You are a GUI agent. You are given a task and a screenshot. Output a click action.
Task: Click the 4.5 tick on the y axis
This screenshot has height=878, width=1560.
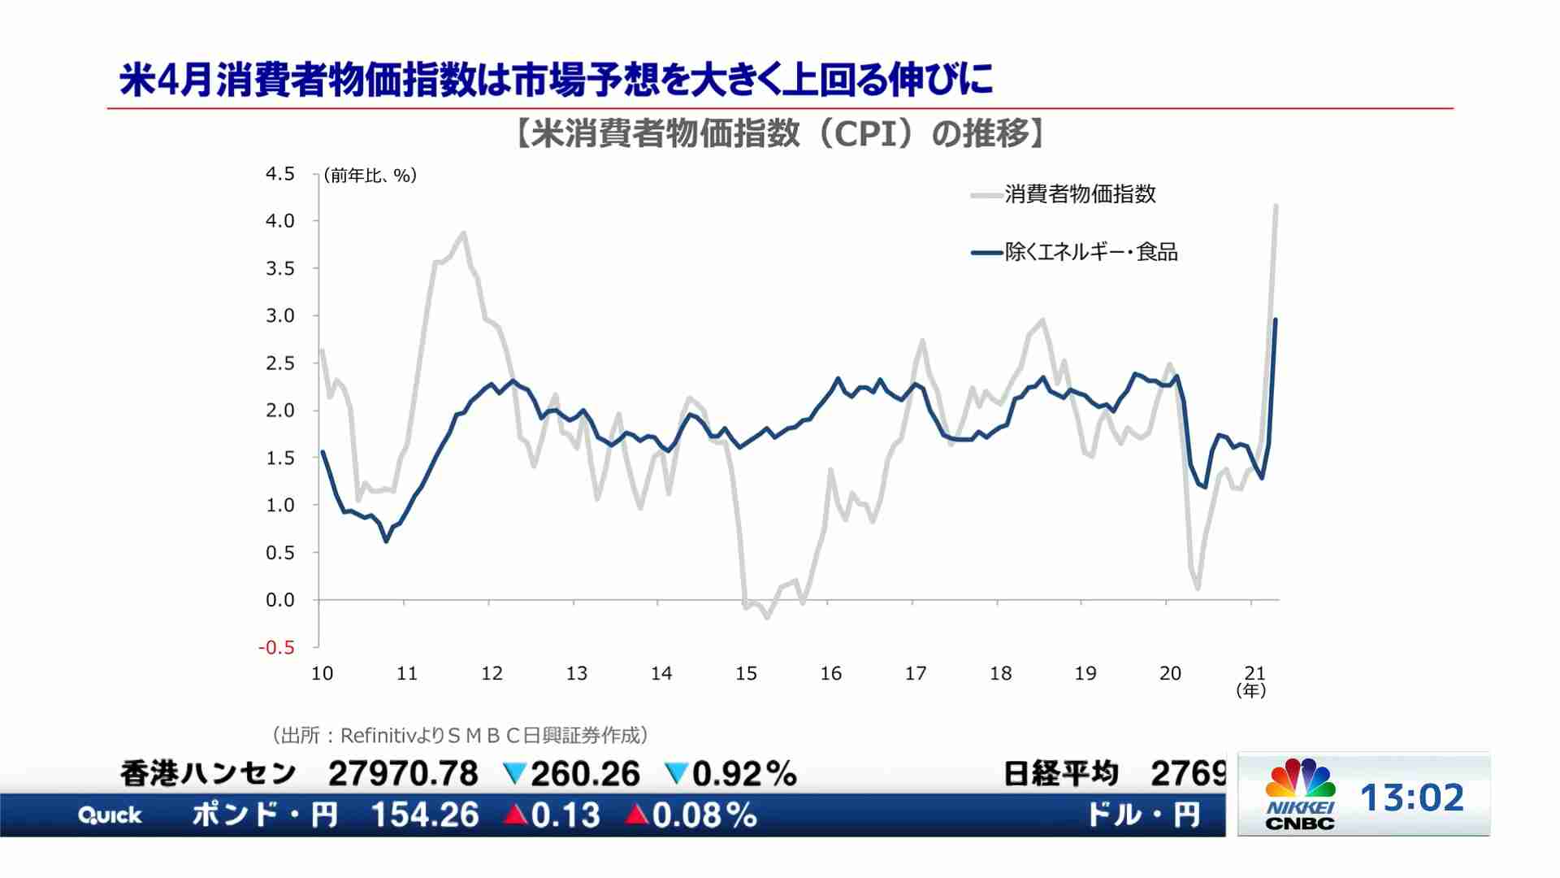(280, 174)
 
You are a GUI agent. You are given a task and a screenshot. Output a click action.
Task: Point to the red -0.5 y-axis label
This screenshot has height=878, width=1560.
(276, 648)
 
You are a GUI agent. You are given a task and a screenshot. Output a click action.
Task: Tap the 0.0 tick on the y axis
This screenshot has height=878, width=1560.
(280, 601)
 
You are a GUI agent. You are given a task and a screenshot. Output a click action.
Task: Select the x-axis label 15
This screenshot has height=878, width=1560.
(746, 673)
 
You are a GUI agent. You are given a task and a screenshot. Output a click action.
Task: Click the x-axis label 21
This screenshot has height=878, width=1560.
(1254, 673)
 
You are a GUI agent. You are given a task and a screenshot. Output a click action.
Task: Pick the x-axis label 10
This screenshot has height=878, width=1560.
(323, 673)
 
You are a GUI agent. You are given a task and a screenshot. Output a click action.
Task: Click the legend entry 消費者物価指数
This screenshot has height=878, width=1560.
(1079, 194)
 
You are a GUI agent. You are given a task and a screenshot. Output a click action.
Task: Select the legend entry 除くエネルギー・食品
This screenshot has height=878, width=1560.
(1090, 252)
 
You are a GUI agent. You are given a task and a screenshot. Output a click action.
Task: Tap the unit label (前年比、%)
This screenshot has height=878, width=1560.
(370, 176)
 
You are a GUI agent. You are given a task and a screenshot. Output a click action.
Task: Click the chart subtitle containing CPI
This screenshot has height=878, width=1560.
(780, 134)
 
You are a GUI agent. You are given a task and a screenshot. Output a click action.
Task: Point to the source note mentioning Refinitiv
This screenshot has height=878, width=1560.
(460, 736)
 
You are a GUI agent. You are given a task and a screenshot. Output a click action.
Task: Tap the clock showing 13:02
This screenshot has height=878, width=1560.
(1412, 798)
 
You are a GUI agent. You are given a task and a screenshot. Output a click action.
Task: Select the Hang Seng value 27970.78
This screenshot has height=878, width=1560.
(403, 774)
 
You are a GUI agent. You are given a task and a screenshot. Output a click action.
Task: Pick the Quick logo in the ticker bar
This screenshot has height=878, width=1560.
(110, 815)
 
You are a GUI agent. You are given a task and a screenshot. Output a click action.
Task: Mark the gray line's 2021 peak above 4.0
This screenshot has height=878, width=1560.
(1276, 206)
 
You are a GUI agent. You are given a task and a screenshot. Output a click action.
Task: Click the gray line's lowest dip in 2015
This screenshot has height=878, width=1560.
(766, 618)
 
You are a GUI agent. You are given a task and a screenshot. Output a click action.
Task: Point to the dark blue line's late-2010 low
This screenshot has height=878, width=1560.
(386, 541)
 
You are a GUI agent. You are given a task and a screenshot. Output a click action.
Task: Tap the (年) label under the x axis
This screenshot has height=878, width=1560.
(1251, 691)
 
